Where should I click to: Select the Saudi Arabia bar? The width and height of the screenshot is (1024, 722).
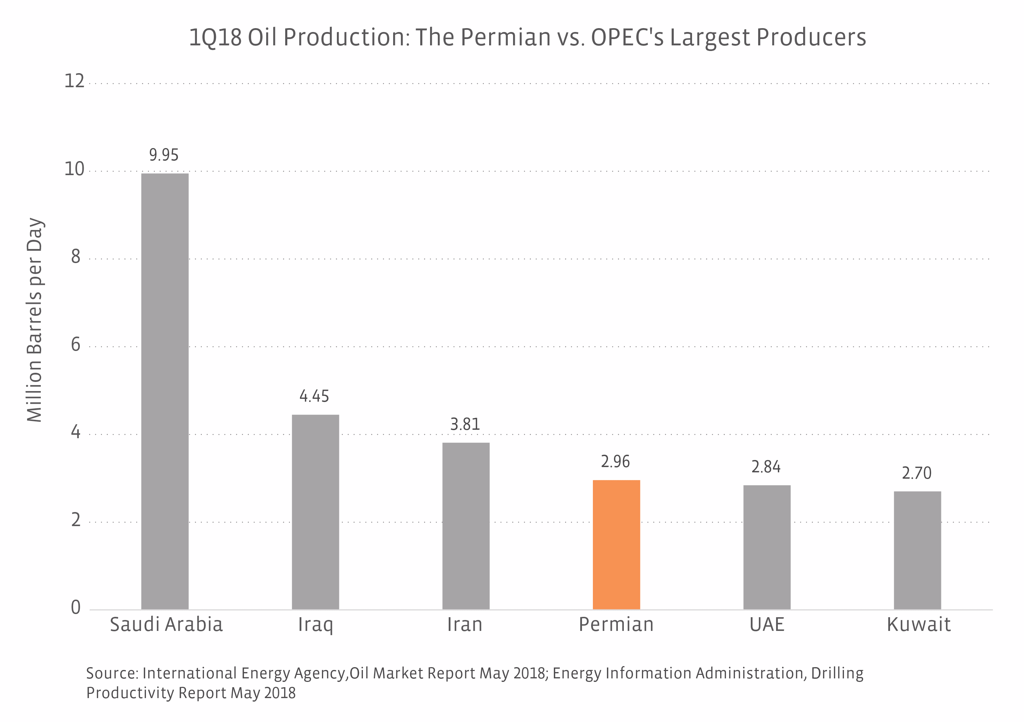coord(165,391)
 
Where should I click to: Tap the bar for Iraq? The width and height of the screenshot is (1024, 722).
coord(315,512)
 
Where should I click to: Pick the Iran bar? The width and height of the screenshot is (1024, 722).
coord(466,526)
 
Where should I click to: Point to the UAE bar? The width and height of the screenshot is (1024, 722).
coord(767,547)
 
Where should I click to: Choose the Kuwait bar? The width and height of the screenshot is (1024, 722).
coord(917,550)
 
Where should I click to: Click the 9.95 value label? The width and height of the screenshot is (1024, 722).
coord(164,155)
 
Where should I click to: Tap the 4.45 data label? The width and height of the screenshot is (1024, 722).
coord(314,396)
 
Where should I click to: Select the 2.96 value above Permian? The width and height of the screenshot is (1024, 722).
coord(615,461)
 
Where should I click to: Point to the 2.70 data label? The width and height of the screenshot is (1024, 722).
coord(916,473)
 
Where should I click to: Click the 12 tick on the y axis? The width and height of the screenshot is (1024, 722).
coord(74,81)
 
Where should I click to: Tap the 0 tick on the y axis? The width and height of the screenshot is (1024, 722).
coord(76,607)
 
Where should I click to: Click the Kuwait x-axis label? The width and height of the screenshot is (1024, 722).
coord(918,624)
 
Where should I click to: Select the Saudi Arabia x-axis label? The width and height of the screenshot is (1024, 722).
coord(166,624)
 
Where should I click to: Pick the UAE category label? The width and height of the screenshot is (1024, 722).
coord(767,624)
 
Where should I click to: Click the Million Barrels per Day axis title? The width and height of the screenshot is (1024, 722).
coord(35,320)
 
